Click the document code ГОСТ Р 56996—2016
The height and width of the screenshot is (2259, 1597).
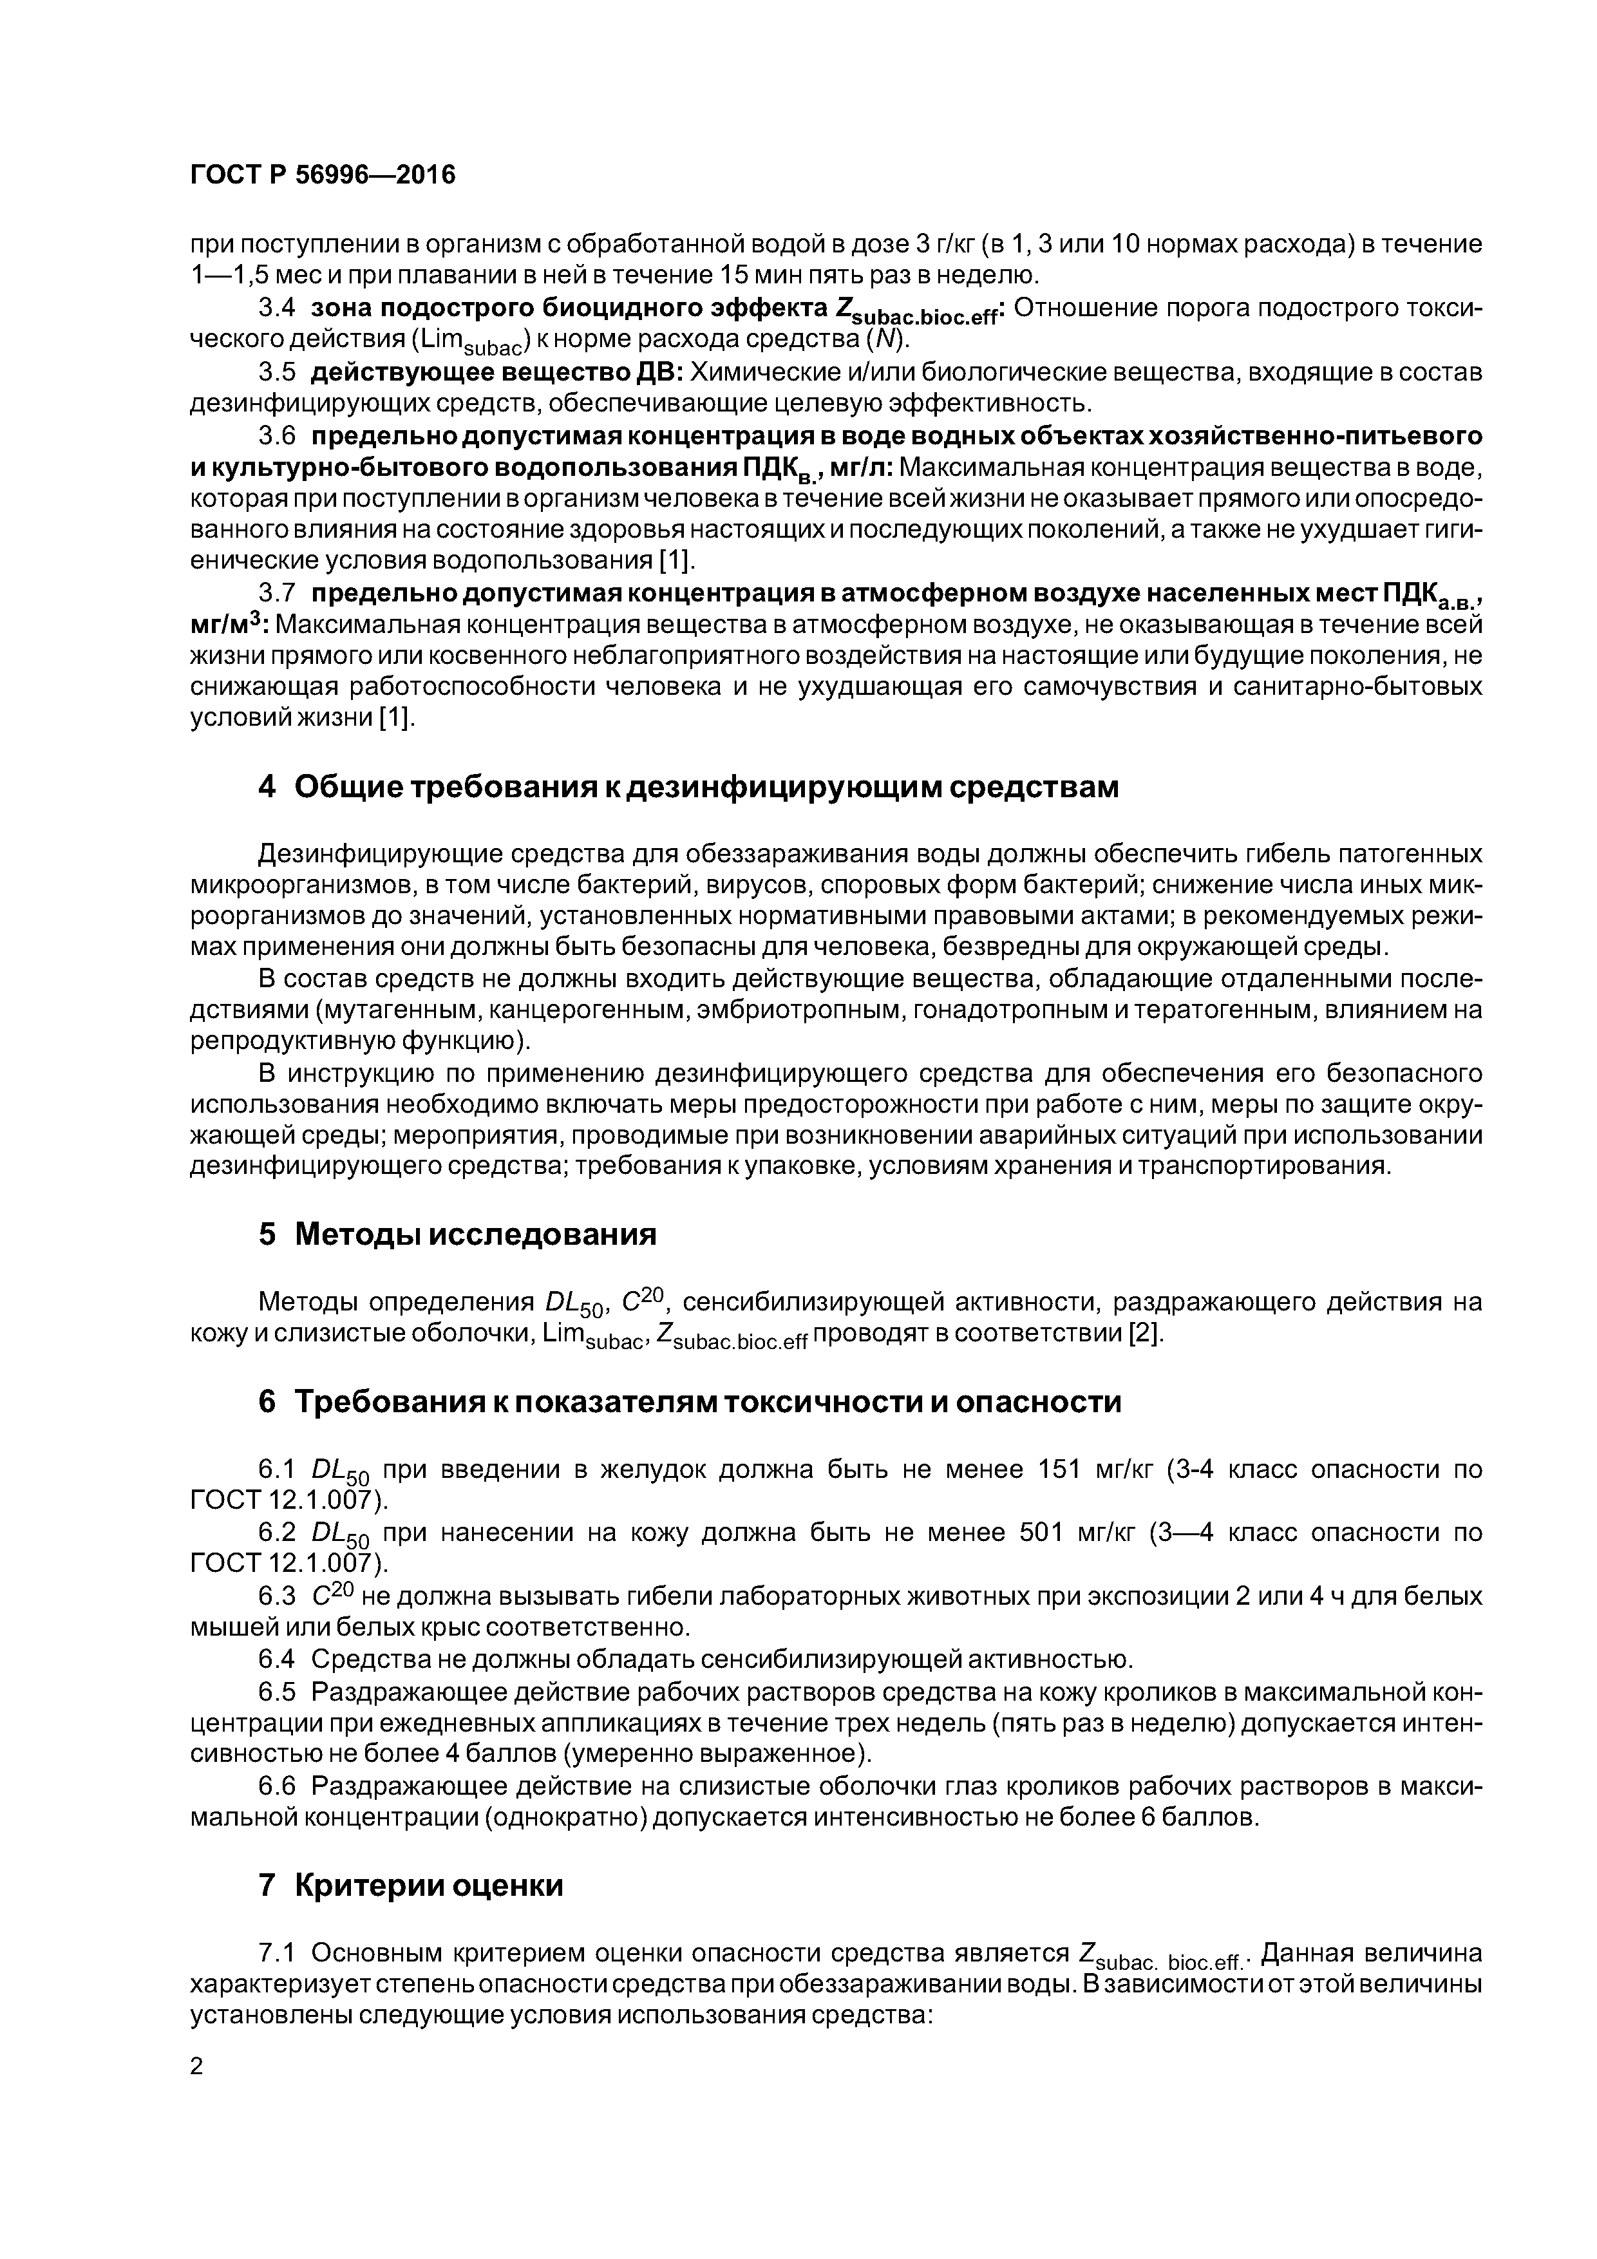(x=322, y=175)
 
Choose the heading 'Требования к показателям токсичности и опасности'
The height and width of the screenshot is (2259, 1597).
(x=689, y=1401)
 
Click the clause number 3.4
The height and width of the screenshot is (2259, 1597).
(x=276, y=308)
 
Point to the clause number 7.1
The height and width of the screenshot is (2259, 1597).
(x=276, y=1953)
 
